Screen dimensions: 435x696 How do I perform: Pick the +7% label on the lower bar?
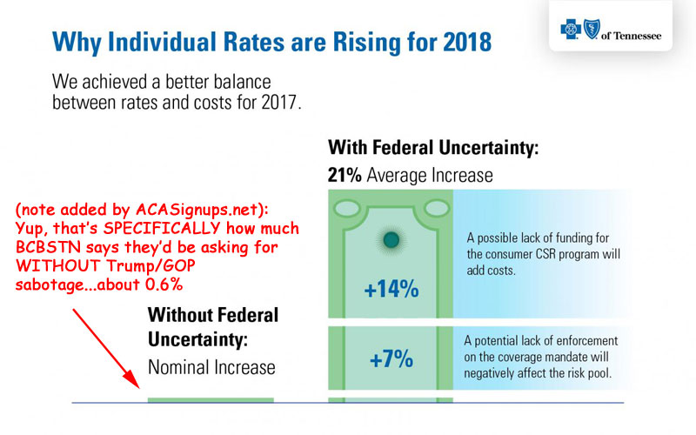pyautogui.click(x=390, y=359)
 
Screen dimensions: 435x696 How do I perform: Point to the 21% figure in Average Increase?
pyautogui.click(x=345, y=175)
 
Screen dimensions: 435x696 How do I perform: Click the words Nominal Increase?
pyautogui.click(x=211, y=367)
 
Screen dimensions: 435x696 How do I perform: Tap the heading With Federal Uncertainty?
pyautogui.click(x=432, y=148)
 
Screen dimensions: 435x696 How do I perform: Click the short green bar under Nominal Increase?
pyautogui.click(x=211, y=399)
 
